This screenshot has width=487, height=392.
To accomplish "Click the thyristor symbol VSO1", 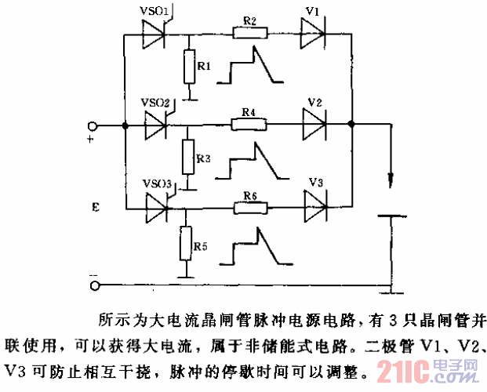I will point(155,34).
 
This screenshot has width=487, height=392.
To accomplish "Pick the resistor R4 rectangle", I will point(249,124).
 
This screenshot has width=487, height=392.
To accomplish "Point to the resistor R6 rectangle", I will point(251,209).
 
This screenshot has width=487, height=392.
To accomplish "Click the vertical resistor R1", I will point(188,66).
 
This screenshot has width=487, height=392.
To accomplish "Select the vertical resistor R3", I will point(188,157).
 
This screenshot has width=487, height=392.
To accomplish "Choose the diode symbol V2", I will point(315,124).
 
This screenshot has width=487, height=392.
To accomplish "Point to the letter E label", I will point(95,209).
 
